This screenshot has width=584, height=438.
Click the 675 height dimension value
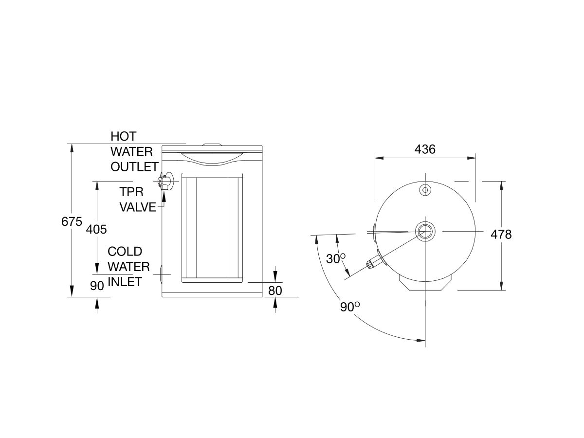click(x=72, y=222)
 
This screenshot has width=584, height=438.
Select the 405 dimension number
click(x=96, y=229)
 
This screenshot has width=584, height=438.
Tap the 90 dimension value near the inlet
click(x=97, y=286)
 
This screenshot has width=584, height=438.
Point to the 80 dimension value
click(x=275, y=291)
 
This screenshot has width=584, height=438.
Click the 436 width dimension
click(x=425, y=149)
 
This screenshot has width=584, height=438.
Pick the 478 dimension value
click(x=501, y=235)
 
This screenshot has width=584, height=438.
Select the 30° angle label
click(x=336, y=259)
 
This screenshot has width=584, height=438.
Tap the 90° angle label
click(x=350, y=307)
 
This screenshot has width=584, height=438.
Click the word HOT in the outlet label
click(x=124, y=136)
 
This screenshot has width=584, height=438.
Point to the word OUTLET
click(x=134, y=167)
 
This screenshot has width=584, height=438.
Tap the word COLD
click(x=125, y=252)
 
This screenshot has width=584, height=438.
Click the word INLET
click(x=125, y=282)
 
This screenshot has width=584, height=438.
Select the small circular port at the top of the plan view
click(x=425, y=190)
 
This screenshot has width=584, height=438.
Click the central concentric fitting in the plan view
click(x=425, y=230)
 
